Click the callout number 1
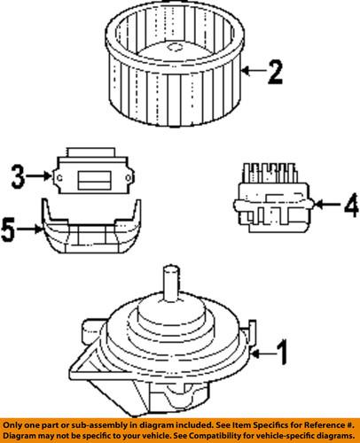[x=281, y=356]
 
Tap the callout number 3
[x=16, y=175]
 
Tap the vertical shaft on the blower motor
[x=167, y=288]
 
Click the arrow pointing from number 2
[x=253, y=70]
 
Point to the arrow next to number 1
[x=262, y=355]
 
